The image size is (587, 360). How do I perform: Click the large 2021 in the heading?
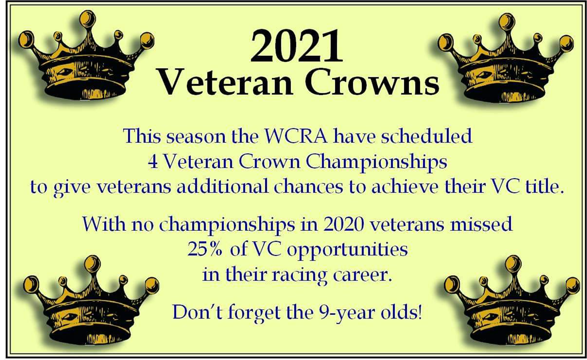click(x=296, y=46)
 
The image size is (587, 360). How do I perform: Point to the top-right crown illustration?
click(x=505, y=59)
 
